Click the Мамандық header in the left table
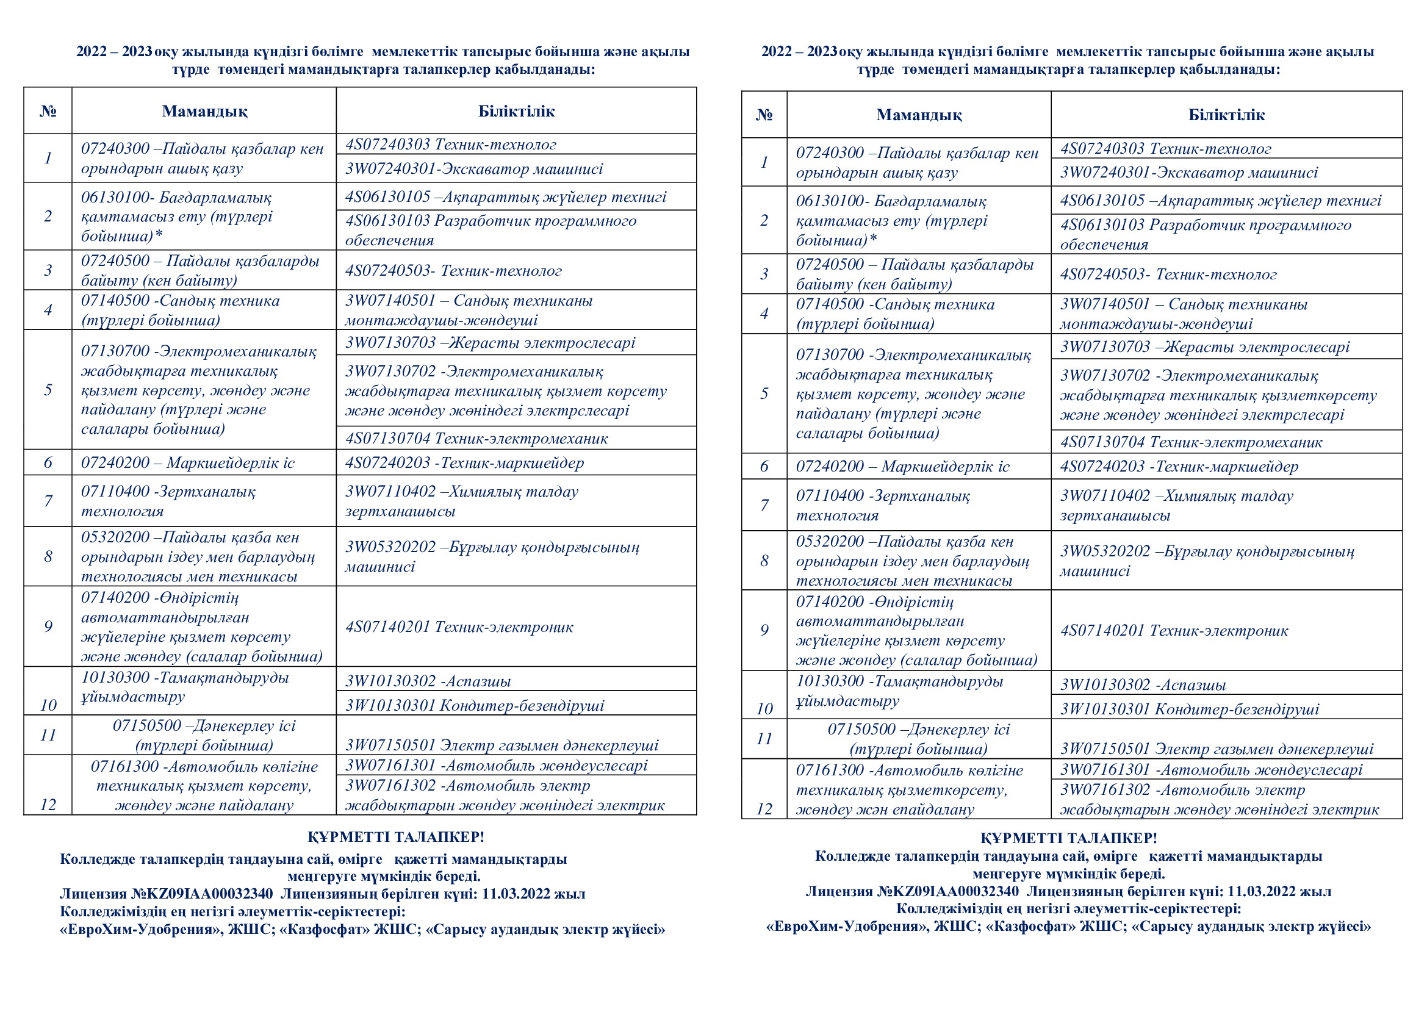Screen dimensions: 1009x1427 coord(204,111)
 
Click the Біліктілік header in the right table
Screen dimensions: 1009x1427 coord(1226,115)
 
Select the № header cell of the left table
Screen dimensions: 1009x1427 coord(48,111)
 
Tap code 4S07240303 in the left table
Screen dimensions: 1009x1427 coord(388,145)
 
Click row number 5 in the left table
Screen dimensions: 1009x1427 coord(48,390)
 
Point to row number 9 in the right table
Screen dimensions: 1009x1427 coord(764,630)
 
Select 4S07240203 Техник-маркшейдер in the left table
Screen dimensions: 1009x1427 coord(464,463)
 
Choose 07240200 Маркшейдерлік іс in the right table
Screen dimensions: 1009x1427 coord(902,467)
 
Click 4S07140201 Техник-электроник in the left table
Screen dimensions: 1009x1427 coord(459,627)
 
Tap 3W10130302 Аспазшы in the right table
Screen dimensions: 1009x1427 coord(1142,684)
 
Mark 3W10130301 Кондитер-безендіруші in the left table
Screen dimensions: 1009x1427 coord(474,706)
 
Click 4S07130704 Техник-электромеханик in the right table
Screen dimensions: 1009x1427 coord(1191,442)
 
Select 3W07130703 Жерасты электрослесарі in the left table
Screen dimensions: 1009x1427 coord(490,343)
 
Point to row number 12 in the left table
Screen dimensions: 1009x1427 coord(48,805)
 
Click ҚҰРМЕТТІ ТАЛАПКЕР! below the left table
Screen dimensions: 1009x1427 coord(395,837)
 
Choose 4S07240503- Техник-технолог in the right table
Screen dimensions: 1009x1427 coord(1168,275)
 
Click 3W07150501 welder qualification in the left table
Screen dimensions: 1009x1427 coord(501,745)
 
